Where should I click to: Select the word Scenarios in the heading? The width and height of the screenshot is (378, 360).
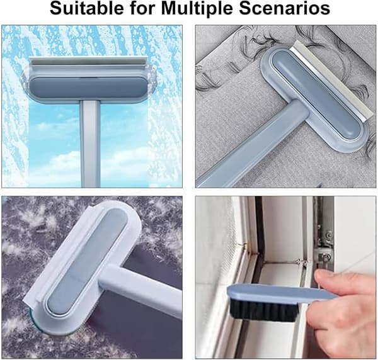click(285, 8)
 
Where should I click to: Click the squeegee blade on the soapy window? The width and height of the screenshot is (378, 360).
click(88, 61)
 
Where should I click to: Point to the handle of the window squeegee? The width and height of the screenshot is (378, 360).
click(90, 143)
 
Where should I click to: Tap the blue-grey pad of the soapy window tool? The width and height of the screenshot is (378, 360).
click(89, 87)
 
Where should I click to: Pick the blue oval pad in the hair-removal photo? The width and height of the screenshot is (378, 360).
click(316, 96)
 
